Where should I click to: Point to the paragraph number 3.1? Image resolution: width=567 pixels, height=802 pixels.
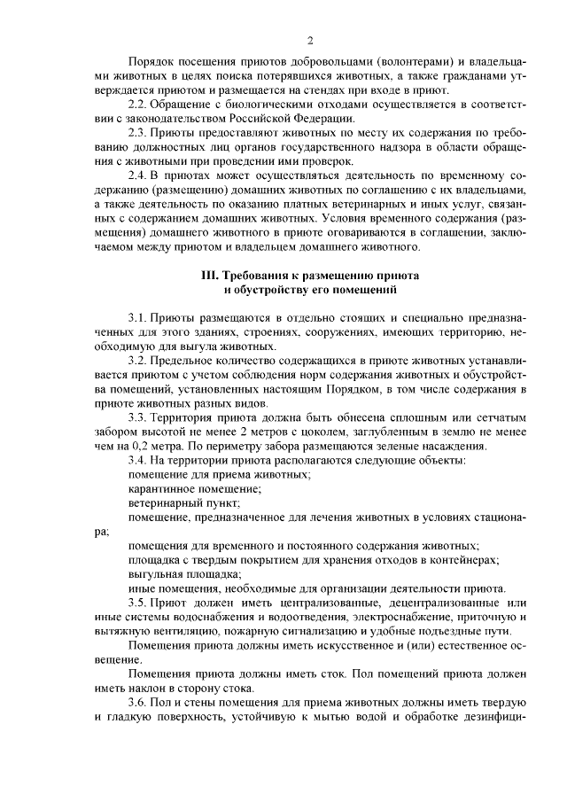140,317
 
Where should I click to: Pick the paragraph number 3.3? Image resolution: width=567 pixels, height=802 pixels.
140,417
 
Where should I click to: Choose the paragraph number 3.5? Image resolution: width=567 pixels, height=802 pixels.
140,603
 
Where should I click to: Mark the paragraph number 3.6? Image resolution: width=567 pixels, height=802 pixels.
140,703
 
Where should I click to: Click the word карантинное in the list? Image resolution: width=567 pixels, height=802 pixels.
159,488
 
